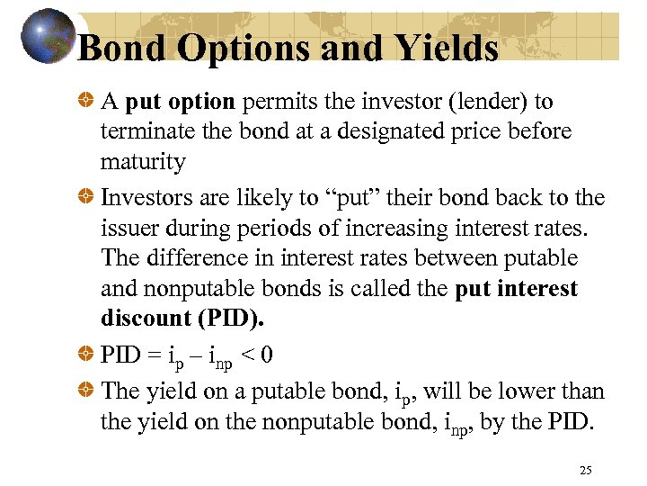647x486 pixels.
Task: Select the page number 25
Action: tap(586, 470)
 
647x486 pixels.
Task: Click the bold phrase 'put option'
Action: tap(180, 102)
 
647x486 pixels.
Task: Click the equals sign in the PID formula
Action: tap(155, 355)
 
